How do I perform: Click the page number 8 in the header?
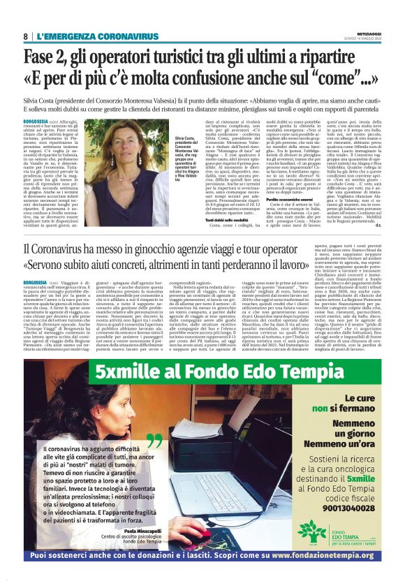pyautogui.click(x=25, y=36)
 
